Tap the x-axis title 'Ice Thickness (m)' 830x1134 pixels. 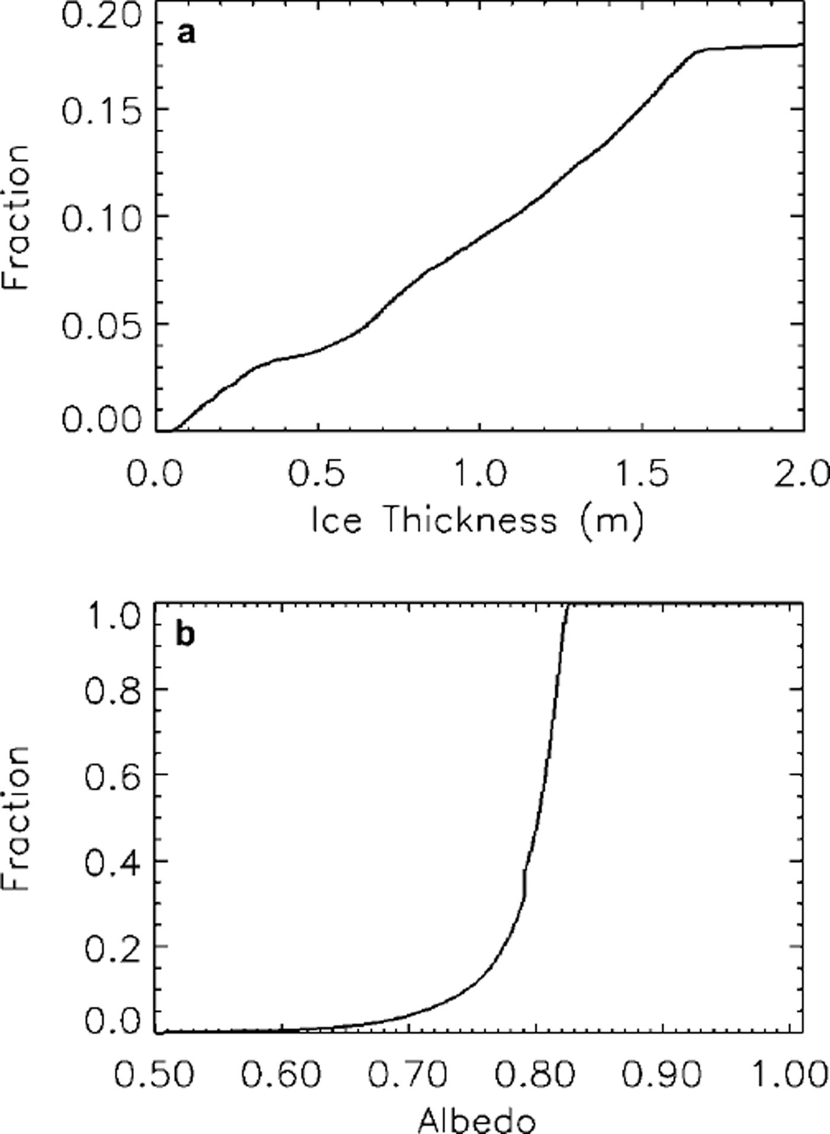click(x=477, y=521)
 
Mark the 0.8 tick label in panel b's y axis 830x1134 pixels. click(x=114, y=690)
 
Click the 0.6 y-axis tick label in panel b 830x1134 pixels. click(x=114, y=775)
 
